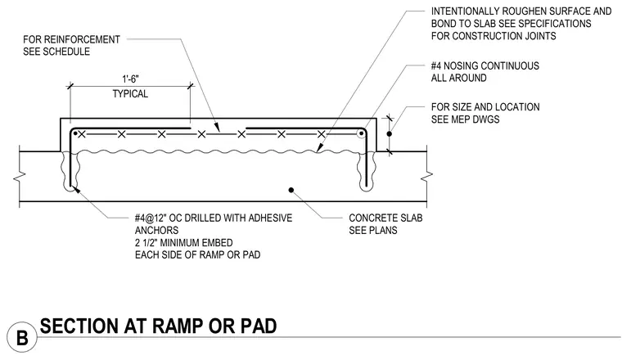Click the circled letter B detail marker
(x=22, y=338)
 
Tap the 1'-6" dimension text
(x=130, y=79)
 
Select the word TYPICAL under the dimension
(x=130, y=94)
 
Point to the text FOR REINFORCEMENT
(x=71, y=39)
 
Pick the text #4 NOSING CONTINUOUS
(x=485, y=65)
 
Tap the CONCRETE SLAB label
(x=385, y=218)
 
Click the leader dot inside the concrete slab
(x=291, y=191)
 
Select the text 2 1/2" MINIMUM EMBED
(x=183, y=243)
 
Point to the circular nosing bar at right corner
(x=361, y=133)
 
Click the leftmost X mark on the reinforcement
(x=82, y=134)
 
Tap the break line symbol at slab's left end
(x=20, y=176)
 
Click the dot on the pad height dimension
(x=389, y=134)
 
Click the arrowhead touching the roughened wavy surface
(x=320, y=148)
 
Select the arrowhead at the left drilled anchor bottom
(x=76, y=190)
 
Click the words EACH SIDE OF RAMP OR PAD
(x=197, y=255)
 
